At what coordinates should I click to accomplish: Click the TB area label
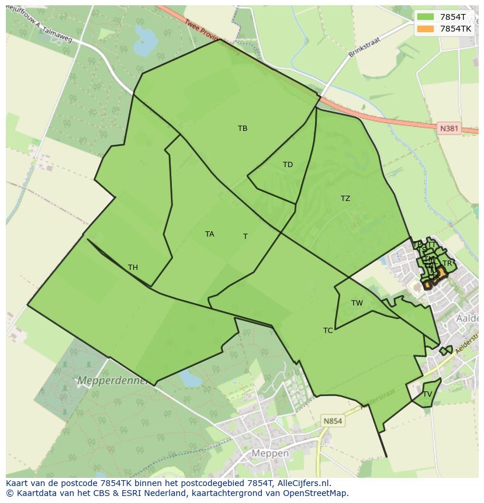pos(243,129)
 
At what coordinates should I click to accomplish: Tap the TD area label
pos(288,165)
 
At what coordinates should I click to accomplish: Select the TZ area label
pos(345,199)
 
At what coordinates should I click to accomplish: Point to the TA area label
pos(209,234)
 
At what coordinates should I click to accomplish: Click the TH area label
pos(133,268)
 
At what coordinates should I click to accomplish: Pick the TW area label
pos(357,303)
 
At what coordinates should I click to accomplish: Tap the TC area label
pos(328,331)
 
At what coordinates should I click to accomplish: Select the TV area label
pos(427,394)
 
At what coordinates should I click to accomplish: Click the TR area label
pos(447,263)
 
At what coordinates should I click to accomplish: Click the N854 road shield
pos(333,421)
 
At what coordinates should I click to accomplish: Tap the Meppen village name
pos(270,453)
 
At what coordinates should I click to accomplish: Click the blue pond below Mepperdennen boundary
pos(191,378)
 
